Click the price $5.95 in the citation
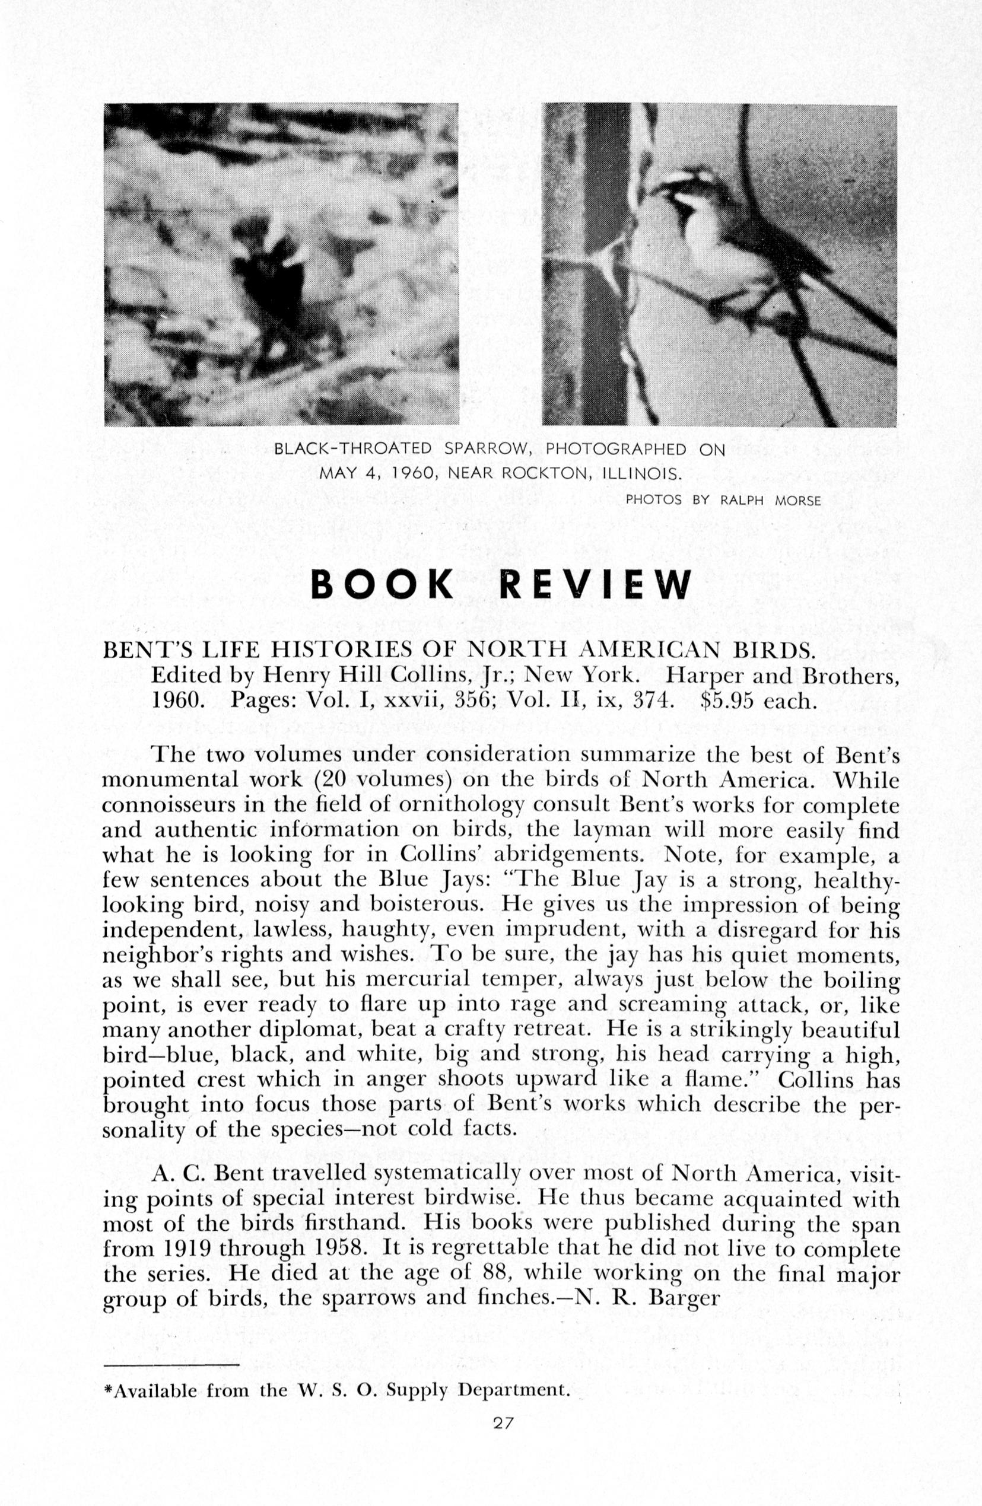tap(729, 702)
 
